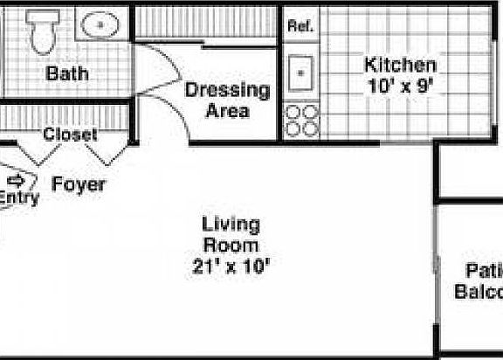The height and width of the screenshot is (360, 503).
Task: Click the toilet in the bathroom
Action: [40, 31]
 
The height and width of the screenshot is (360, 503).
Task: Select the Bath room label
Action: [67, 74]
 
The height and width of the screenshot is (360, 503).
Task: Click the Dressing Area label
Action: [227, 100]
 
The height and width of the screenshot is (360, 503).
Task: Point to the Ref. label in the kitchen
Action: [300, 26]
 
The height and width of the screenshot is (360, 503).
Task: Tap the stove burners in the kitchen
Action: [300, 120]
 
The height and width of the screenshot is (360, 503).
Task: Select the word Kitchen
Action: [399, 65]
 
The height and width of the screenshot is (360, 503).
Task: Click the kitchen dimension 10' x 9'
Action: [399, 86]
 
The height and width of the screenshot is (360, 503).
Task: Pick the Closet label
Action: [70, 135]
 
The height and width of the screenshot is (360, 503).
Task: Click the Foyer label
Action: [79, 184]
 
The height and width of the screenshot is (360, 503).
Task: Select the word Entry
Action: [18, 198]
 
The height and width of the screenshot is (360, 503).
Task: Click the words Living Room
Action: [231, 234]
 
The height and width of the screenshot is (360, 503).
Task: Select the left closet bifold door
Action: [38, 153]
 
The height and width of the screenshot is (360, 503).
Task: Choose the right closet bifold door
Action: [107, 153]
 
